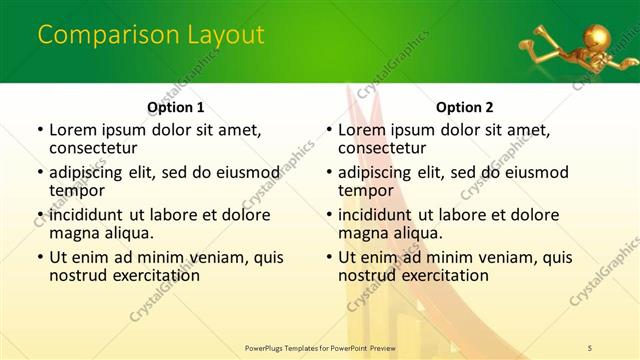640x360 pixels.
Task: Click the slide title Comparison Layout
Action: pos(151,36)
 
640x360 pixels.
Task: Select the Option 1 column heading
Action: pos(175,107)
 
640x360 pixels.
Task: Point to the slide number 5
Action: pos(590,346)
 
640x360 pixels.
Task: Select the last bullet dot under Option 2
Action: pos(327,257)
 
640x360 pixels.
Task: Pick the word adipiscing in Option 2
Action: pos(380,172)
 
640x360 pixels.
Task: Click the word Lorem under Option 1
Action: pos(73,130)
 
